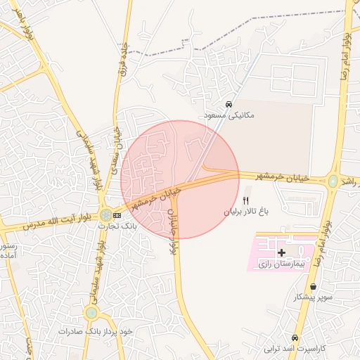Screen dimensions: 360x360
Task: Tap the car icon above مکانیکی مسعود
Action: pyautogui.click(x=229, y=104)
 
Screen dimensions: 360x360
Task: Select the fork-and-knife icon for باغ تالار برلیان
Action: pyautogui.click(x=245, y=200)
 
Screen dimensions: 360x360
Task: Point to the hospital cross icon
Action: pyautogui.click(x=282, y=252)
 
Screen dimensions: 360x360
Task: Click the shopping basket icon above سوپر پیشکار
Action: pyautogui.click(x=313, y=287)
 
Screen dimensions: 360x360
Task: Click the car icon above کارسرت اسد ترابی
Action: pyautogui.click(x=296, y=337)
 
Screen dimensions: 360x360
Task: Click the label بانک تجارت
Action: pyautogui.click(x=118, y=226)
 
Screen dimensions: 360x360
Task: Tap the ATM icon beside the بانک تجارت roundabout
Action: pyautogui.click(x=117, y=214)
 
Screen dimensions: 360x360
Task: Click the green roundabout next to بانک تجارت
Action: pyautogui.click(x=105, y=214)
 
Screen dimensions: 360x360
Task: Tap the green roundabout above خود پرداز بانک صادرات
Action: pyautogui.click(x=91, y=313)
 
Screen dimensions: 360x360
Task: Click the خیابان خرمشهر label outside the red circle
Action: pyautogui.click(x=285, y=178)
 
